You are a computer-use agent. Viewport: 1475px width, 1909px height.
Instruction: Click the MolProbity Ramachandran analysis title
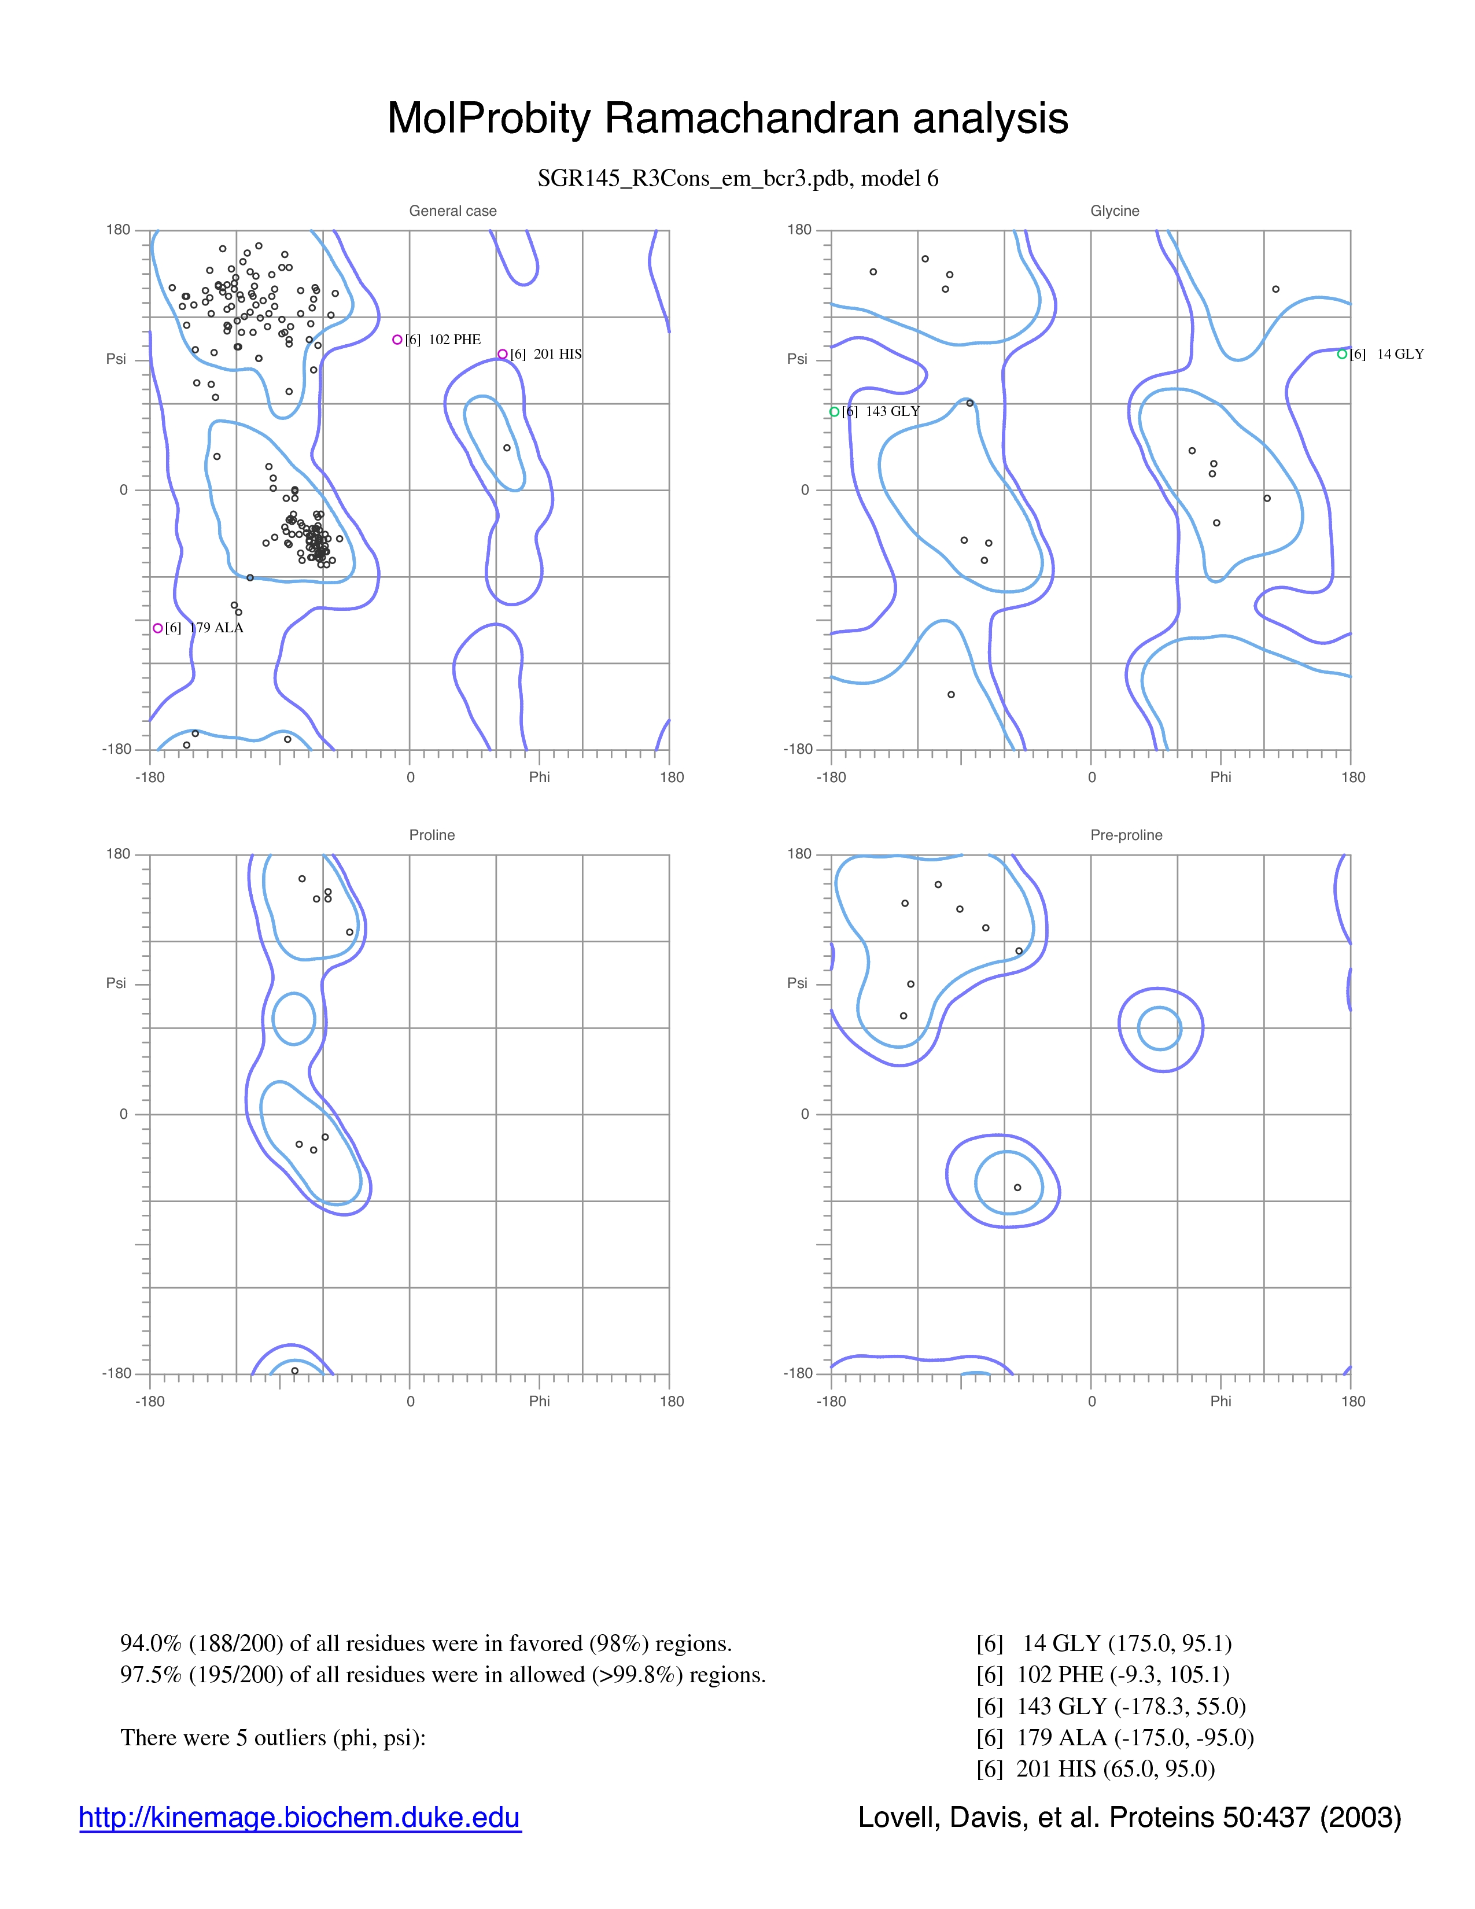(728, 118)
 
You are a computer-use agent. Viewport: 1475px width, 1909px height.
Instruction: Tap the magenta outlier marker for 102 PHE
(397, 339)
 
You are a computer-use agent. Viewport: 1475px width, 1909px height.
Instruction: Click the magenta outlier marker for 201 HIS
(503, 354)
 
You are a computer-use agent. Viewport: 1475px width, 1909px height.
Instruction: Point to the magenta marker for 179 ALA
(158, 628)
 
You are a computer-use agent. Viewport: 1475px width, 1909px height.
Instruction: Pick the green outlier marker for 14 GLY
(1342, 354)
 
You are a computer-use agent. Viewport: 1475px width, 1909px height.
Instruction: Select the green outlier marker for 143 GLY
(835, 412)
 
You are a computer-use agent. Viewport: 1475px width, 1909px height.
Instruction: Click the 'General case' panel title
(453, 211)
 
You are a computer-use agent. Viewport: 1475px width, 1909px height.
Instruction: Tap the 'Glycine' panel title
(1115, 211)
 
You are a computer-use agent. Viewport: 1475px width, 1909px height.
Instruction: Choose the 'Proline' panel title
(432, 835)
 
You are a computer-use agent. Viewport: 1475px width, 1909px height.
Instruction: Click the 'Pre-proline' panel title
(1126, 835)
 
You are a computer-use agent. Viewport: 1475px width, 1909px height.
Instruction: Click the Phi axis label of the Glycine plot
(1220, 777)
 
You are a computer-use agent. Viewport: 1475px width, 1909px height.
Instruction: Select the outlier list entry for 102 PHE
(1102, 1674)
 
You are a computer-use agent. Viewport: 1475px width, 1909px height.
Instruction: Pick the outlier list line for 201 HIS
(1096, 1768)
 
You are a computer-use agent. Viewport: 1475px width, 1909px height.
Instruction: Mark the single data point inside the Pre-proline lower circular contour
(1017, 1187)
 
